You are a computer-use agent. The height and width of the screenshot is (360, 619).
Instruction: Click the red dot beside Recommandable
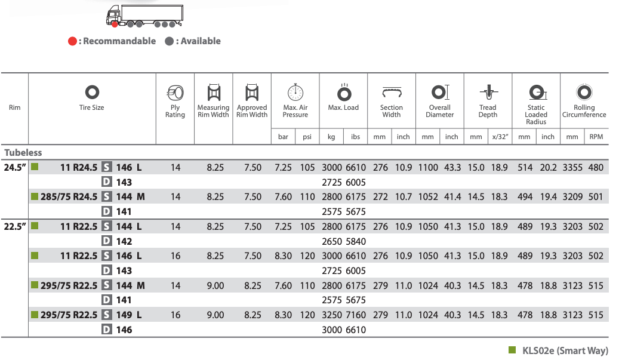coord(72,41)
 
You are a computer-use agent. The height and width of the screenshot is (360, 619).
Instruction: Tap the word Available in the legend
coord(201,41)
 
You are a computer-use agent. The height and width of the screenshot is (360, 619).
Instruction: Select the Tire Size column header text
coord(92,107)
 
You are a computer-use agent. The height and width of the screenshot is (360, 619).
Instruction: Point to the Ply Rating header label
coord(175,111)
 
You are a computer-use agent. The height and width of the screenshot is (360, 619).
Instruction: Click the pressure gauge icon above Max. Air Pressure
coord(295,93)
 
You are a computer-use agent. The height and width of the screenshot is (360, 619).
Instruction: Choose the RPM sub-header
coord(596,137)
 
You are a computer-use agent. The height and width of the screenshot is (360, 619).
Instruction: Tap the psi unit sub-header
coord(307,137)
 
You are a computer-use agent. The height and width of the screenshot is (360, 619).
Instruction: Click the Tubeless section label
coord(23,152)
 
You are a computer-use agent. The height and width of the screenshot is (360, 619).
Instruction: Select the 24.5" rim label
coord(15,168)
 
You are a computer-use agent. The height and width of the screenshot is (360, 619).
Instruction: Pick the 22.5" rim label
coord(15,227)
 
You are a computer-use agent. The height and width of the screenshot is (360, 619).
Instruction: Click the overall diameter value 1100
coord(428,168)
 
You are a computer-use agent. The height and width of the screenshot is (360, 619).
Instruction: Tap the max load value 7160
coord(355,315)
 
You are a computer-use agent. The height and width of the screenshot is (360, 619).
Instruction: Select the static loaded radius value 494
coord(525,197)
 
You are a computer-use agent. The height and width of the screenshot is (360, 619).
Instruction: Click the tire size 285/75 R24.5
coord(69,197)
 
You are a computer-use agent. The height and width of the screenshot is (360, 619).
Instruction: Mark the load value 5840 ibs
coord(355,241)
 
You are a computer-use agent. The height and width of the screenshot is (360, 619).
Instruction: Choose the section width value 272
coord(380,197)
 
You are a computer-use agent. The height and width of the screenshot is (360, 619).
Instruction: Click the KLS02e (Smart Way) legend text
coord(565,350)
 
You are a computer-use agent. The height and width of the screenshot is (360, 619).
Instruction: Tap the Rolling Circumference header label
coord(584,111)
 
